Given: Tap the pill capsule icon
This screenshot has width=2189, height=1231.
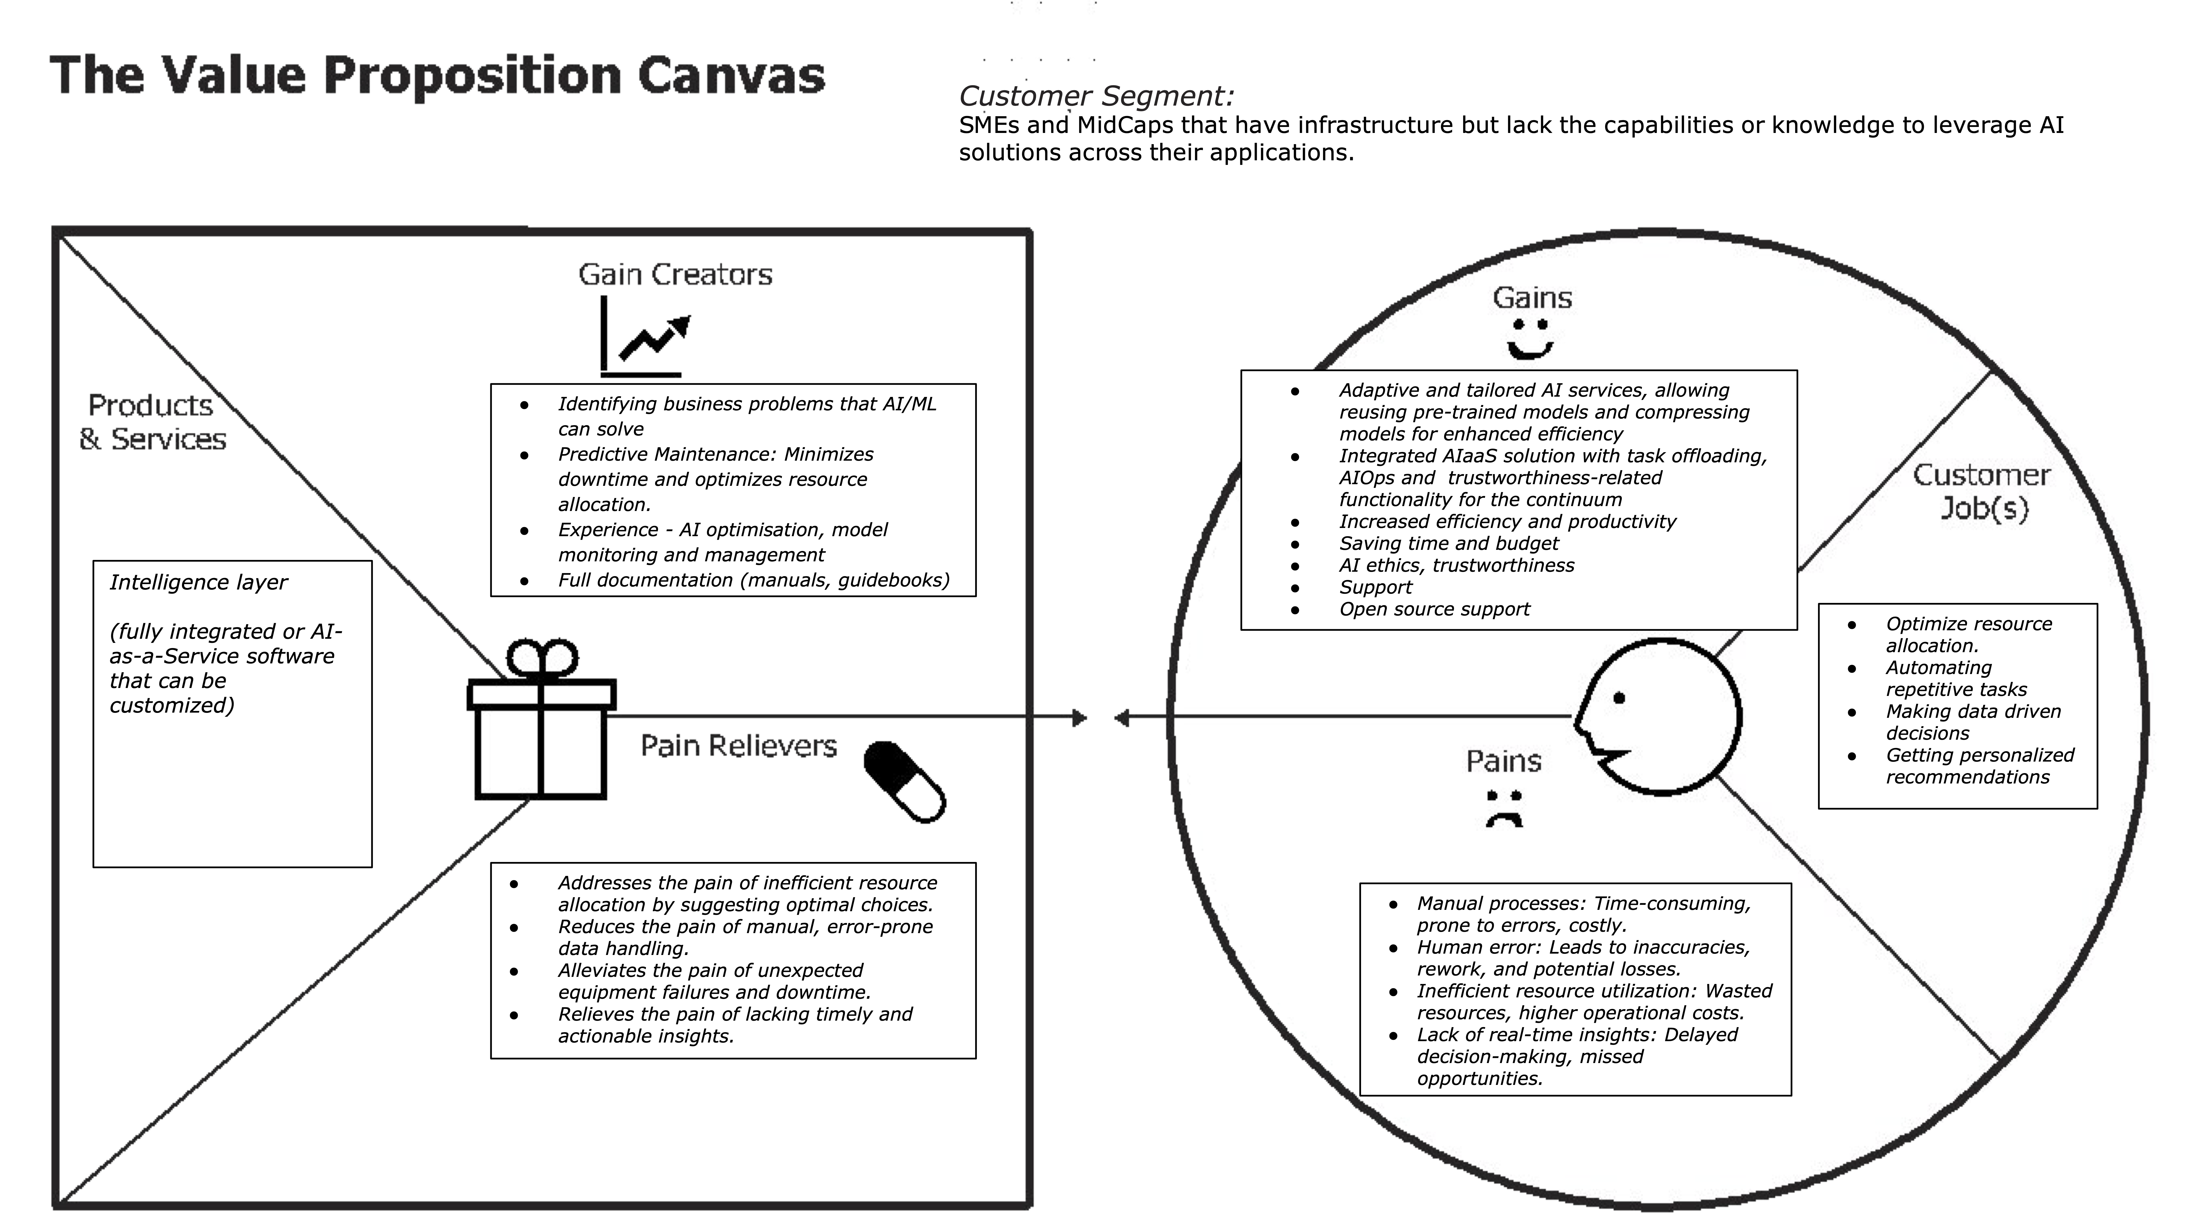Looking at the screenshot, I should point(904,782).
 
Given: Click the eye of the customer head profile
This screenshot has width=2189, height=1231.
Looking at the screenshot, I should point(1619,698).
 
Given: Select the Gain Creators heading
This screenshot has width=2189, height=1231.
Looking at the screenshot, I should point(676,274).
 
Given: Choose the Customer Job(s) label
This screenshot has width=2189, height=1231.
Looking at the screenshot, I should point(1982,491).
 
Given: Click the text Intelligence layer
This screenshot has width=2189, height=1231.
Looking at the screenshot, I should point(198,583).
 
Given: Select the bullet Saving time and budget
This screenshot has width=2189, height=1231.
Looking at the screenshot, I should point(1449,544).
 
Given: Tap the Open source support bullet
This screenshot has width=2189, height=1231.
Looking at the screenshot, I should point(1434,609).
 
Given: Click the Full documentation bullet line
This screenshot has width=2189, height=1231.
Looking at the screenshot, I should point(753,580).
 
